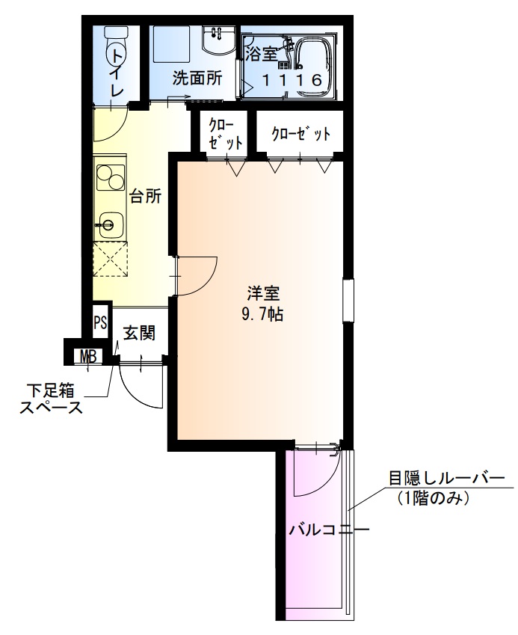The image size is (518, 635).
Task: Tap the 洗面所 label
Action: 197,78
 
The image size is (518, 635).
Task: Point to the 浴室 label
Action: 262,53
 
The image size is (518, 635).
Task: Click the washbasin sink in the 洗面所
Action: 218,41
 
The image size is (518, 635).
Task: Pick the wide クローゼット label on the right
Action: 300,135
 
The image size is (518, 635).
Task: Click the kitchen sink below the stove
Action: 110,223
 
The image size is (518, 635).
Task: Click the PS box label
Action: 101,323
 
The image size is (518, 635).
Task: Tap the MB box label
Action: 88,356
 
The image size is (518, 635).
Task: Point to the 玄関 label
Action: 139,332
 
